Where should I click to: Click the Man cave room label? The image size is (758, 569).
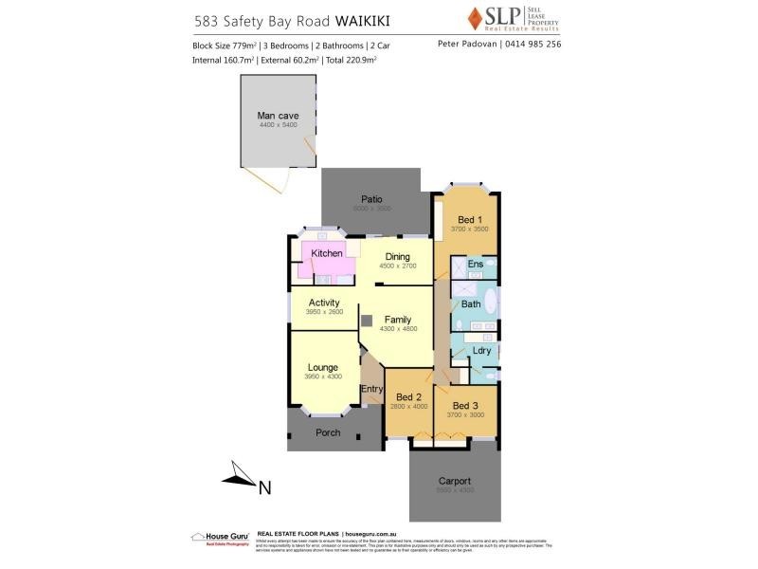pyautogui.click(x=278, y=115)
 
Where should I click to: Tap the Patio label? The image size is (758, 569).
pyautogui.click(x=371, y=199)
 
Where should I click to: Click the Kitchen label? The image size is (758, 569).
pyautogui.click(x=327, y=253)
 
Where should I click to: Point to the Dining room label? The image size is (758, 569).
pyautogui.click(x=397, y=255)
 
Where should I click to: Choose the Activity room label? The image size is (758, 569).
pyautogui.click(x=323, y=303)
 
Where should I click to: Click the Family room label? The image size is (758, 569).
pyautogui.click(x=398, y=320)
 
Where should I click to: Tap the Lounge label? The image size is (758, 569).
pyautogui.click(x=322, y=367)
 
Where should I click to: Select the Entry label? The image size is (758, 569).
pyautogui.click(x=371, y=389)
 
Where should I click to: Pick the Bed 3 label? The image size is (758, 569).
pyautogui.click(x=465, y=406)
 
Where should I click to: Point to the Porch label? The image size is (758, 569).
pyautogui.click(x=328, y=432)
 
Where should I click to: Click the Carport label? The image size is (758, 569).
pyautogui.click(x=454, y=481)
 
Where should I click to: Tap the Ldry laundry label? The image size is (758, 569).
pyautogui.click(x=481, y=351)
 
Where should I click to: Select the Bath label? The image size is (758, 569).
pyautogui.click(x=471, y=304)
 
